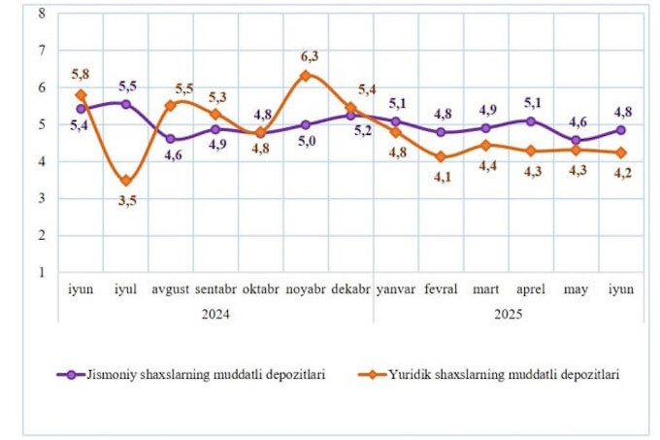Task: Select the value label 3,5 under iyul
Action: tap(126, 201)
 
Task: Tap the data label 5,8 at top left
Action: tap(81, 75)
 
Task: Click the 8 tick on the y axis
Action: tap(40, 13)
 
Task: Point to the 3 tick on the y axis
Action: tap(40, 198)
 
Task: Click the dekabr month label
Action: tap(350, 289)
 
